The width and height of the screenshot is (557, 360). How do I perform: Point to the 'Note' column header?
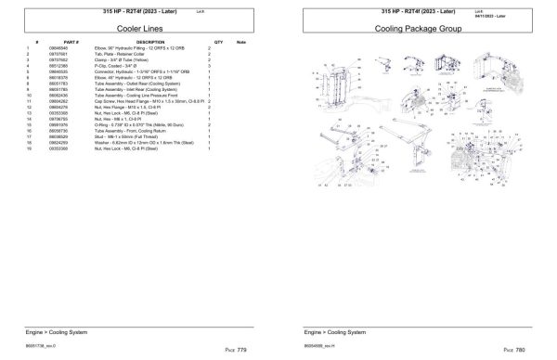click(241, 43)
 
